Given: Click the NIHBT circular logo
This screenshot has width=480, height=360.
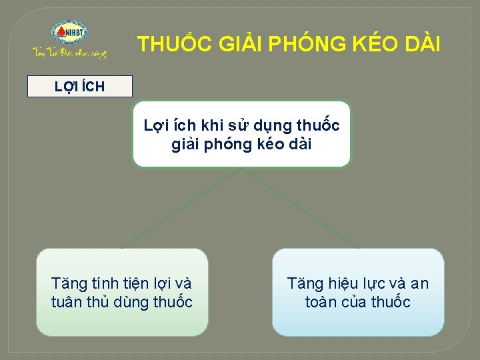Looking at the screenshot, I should (69, 32).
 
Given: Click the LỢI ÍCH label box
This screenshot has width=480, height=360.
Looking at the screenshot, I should (79, 87).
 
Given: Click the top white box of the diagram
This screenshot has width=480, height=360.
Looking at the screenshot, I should (241, 133).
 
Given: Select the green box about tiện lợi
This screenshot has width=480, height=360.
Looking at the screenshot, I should (122, 292).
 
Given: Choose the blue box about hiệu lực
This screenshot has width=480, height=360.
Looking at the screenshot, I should (358, 292).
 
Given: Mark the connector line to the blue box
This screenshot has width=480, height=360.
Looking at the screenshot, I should (300, 208).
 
